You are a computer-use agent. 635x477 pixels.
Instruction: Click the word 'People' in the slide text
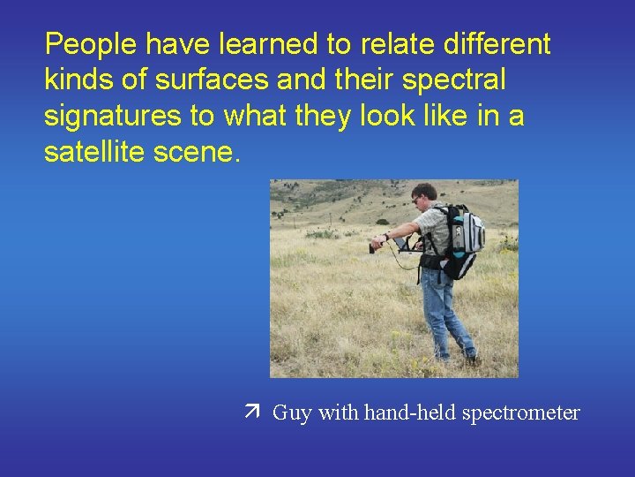[x=93, y=44]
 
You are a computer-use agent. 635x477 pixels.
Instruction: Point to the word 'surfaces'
[x=211, y=80]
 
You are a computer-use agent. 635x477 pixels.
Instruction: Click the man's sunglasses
[x=417, y=200]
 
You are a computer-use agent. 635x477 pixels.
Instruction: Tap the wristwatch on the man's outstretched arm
[x=386, y=237]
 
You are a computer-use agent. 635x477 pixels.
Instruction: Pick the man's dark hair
[x=425, y=190]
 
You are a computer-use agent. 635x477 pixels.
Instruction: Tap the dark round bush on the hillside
[x=382, y=221]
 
